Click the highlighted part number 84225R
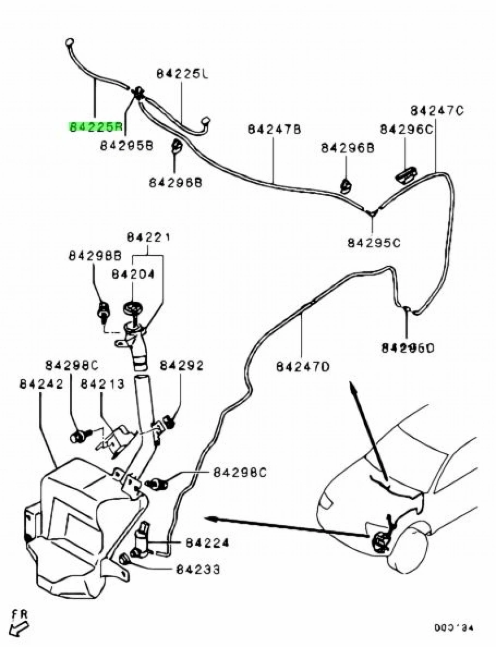pos(95,127)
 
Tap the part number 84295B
pos(126,145)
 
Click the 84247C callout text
pos(437,110)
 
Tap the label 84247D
pos(303,366)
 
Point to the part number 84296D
pos(408,347)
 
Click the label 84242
pos(41,384)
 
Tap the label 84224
pos(206,543)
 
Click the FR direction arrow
pos(19,628)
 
